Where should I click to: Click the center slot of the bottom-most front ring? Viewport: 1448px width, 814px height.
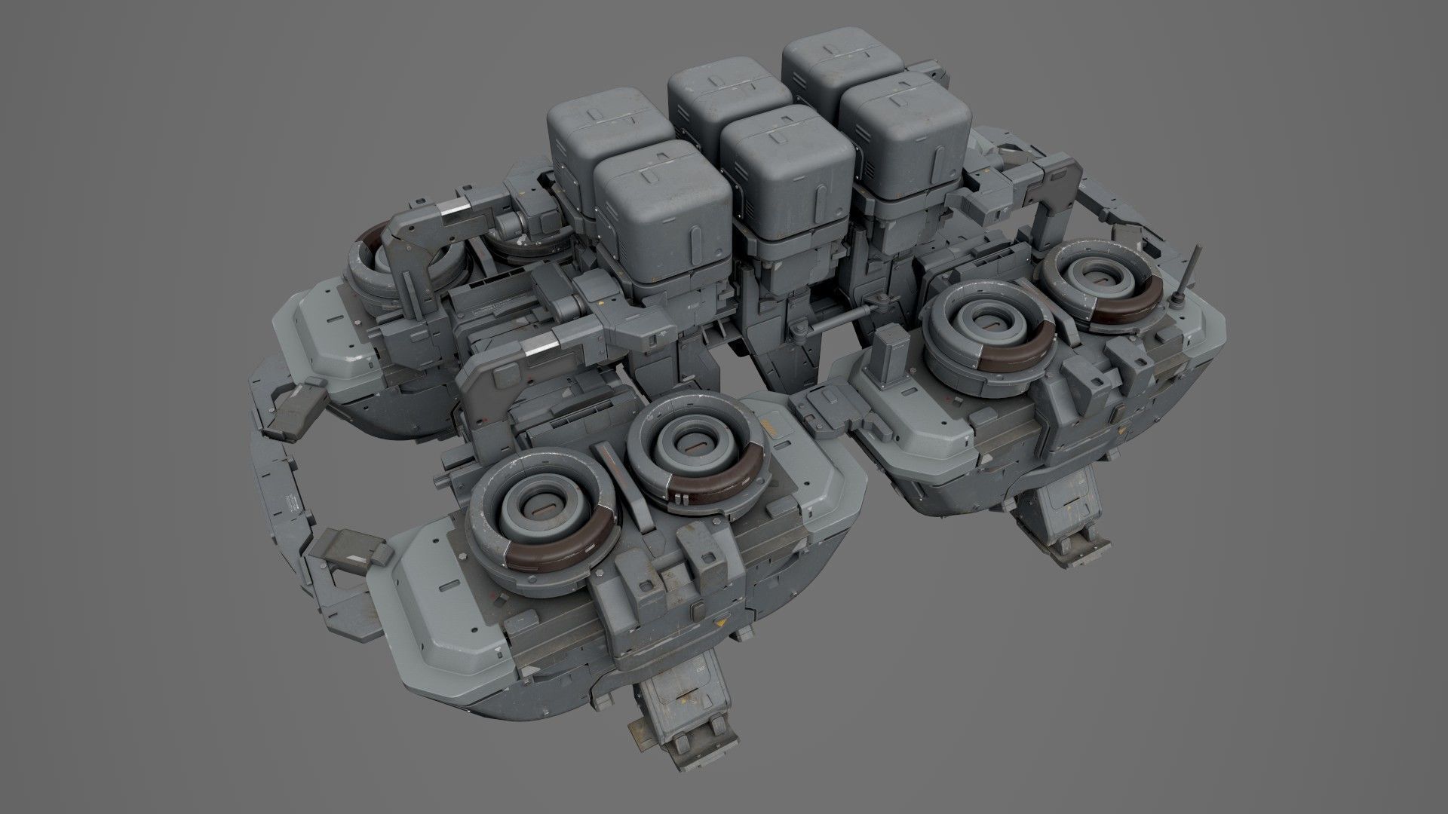click(x=541, y=511)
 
